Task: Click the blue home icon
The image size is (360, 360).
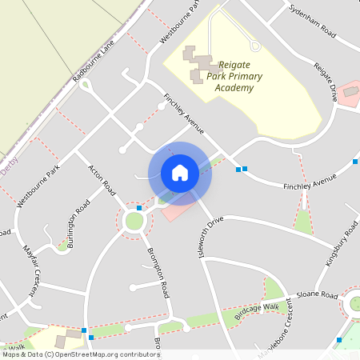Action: point(180,172)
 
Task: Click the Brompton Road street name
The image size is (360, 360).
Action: point(158,273)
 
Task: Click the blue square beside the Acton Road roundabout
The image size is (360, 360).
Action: point(139,208)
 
